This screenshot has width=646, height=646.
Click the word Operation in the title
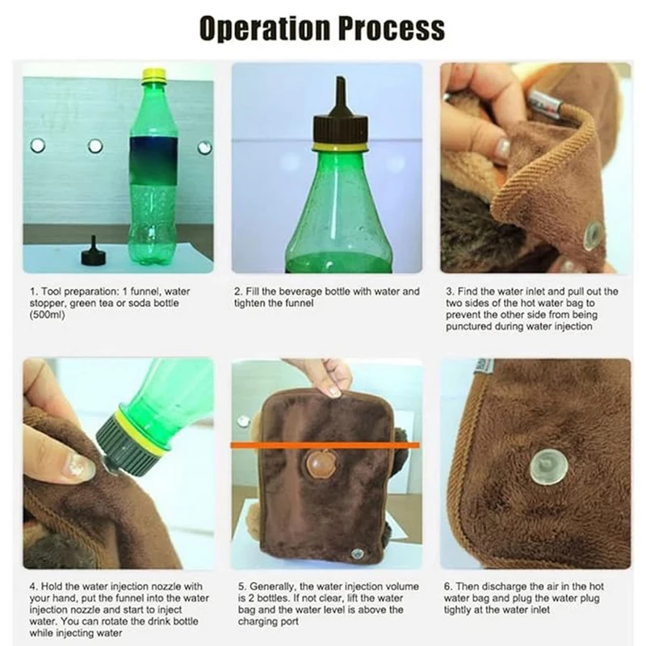265,28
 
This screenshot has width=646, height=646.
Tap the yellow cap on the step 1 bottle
154,75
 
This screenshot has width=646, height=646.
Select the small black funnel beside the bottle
94,251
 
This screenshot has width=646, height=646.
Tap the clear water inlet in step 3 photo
593,235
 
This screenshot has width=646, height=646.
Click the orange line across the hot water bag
325,446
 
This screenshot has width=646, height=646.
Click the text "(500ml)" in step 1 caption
48,315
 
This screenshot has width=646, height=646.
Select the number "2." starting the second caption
239,292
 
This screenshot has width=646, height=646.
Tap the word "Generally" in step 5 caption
273,587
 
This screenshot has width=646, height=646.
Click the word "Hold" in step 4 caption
52,586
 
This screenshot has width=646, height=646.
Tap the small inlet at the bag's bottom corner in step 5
355,553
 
